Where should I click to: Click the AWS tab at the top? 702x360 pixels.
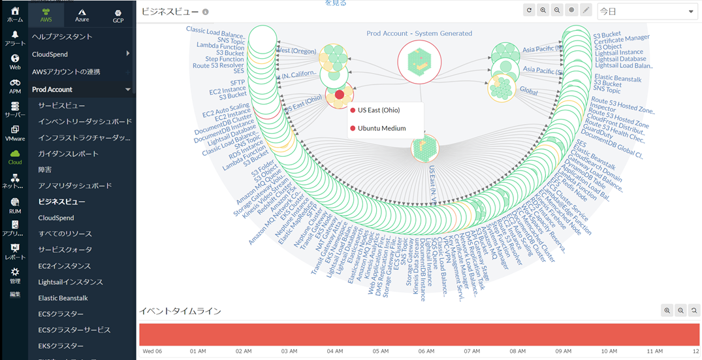coord(46,15)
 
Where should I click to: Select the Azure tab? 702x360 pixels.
coord(82,15)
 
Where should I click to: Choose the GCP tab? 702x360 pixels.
coord(118,15)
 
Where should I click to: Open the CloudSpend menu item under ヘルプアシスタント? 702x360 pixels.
coord(50,54)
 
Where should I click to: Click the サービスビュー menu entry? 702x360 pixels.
coord(61,105)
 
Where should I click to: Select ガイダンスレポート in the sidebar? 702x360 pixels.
coord(68,154)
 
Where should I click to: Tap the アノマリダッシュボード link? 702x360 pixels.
coord(74,186)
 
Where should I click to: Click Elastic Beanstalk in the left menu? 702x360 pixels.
coord(63,298)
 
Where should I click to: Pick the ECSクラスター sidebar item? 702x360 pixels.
coord(61,314)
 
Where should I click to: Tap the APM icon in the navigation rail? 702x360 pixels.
coord(14,86)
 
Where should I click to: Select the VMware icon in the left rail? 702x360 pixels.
coord(14,133)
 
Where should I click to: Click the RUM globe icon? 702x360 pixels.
coord(14,205)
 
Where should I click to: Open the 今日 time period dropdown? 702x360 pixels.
coord(646,11)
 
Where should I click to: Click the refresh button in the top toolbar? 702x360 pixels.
coord(530,10)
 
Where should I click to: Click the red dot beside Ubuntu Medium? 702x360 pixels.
coord(353,129)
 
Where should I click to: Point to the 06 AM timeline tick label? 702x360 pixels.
coord(426,351)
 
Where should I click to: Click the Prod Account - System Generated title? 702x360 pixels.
coord(419,33)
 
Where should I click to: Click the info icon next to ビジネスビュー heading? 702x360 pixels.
coord(206,12)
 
